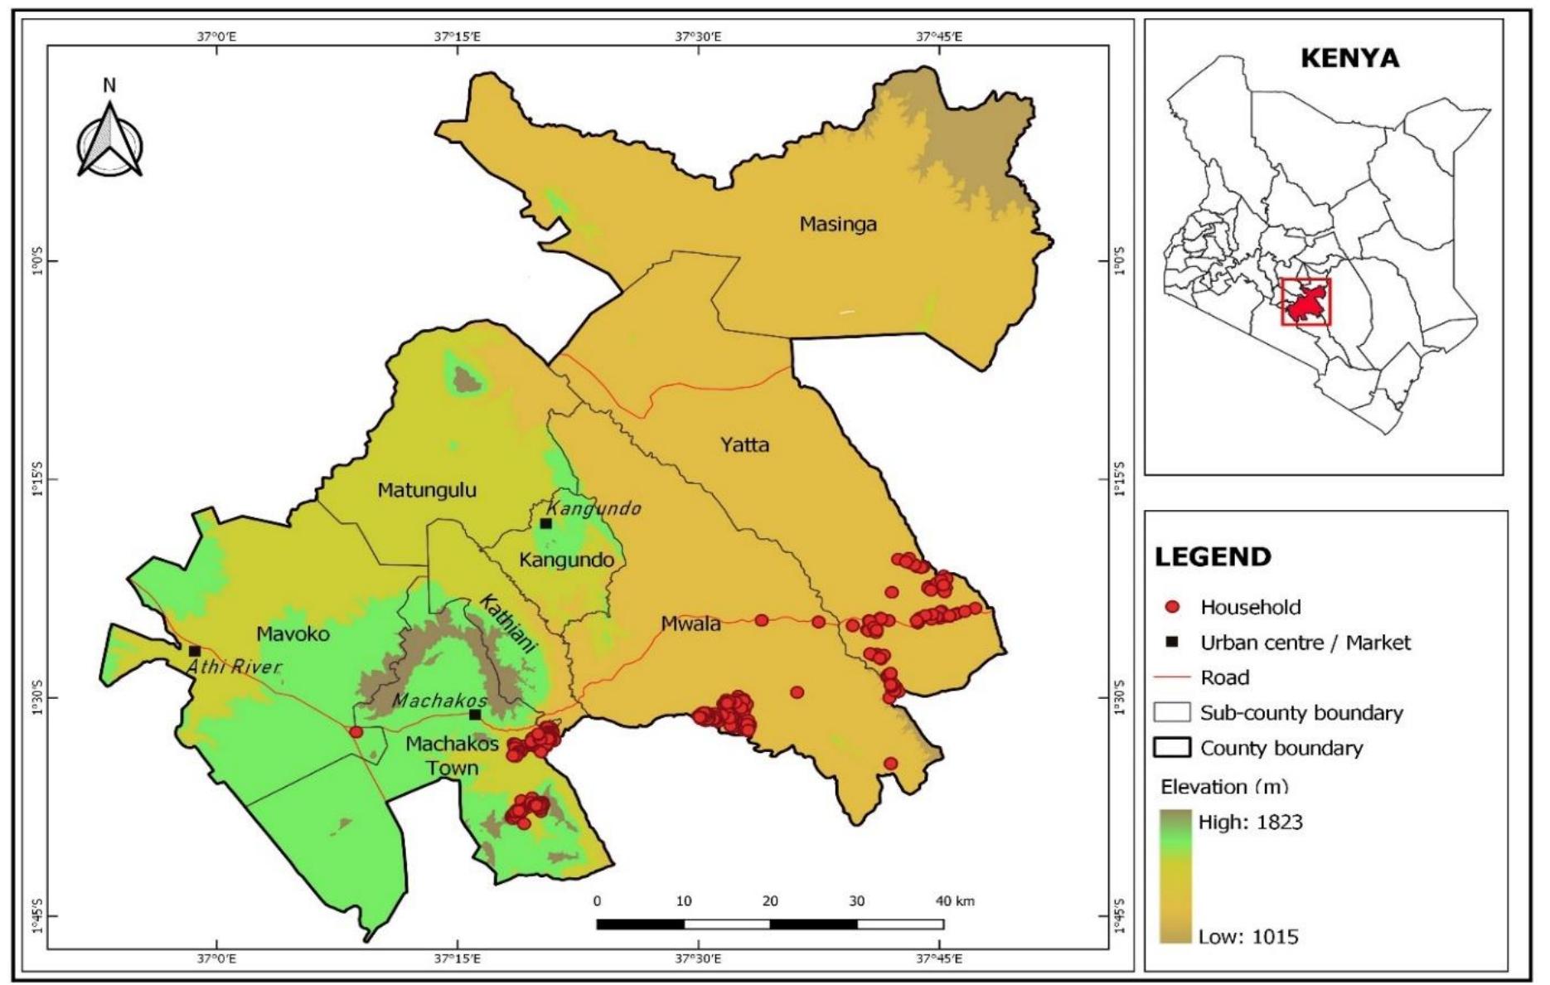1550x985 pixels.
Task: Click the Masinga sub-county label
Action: [x=837, y=224]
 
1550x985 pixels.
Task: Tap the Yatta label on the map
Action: [x=744, y=445]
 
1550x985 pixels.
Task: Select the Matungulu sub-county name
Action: [x=427, y=490]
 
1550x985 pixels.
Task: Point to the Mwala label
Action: [x=690, y=624]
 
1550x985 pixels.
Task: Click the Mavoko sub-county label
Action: [x=293, y=634]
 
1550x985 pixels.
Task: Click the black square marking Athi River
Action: [x=195, y=652]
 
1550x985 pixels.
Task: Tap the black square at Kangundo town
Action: [x=545, y=523]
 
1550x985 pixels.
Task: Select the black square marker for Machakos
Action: [x=475, y=715]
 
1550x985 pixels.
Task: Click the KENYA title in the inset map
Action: [x=1349, y=59]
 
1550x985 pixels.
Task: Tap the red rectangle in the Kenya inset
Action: [x=1305, y=302]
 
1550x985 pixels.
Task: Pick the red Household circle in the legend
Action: [x=1171, y=607]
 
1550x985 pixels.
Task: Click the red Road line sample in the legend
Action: [x=1171, y=677]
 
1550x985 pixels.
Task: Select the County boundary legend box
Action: [x=1171, y=748]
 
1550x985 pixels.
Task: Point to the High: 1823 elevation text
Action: [x=1250, y=822]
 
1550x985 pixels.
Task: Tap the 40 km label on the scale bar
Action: [x=955, y=901]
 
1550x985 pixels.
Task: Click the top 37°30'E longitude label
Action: [x=698, y=36]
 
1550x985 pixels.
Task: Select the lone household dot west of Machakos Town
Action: [x=356, y=732]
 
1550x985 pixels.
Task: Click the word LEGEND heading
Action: [x=1213, y=556]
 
